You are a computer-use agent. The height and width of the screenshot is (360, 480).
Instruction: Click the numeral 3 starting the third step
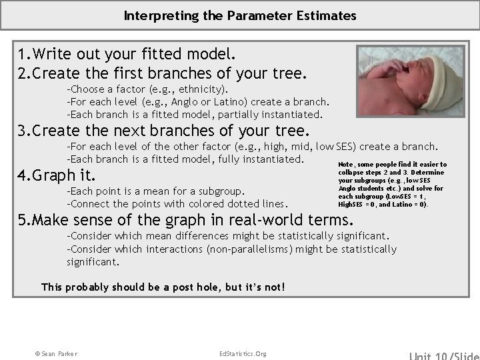22,130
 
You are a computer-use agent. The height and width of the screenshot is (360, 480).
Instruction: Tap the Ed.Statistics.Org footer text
243,353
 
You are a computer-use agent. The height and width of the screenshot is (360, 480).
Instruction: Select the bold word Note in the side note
345,165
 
